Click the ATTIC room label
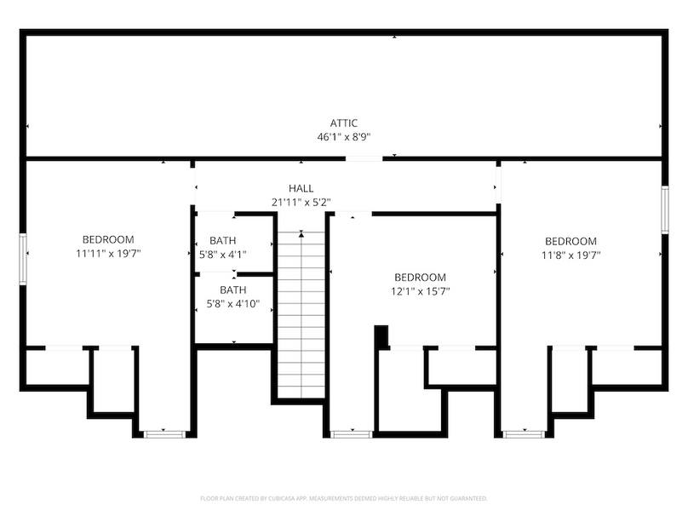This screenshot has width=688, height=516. click(344, 123)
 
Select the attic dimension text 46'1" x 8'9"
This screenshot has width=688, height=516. click(344, 136)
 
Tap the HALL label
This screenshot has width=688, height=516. click(301, 188)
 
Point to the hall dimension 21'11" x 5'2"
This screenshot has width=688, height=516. click(301, 202)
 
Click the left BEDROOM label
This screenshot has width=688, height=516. click(108, 240)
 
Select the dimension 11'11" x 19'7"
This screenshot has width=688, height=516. click(108, 253)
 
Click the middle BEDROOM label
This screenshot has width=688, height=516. click(420, 278)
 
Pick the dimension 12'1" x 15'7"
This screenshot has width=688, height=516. click(420, 291)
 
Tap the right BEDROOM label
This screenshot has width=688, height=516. click(570, 241)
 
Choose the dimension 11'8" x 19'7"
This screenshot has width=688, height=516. click(570, 254)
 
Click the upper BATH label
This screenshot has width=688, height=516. click(223, 241)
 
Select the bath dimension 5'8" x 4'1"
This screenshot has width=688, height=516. click(223, 254)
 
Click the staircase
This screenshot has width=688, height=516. click(301, 307)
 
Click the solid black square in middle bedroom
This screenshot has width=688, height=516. click(382, 336)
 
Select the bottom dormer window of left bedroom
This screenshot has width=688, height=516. click(164, 434)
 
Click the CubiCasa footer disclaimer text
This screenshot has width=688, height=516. click(344, 498)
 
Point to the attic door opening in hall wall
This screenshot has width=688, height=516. click(364, 158)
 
